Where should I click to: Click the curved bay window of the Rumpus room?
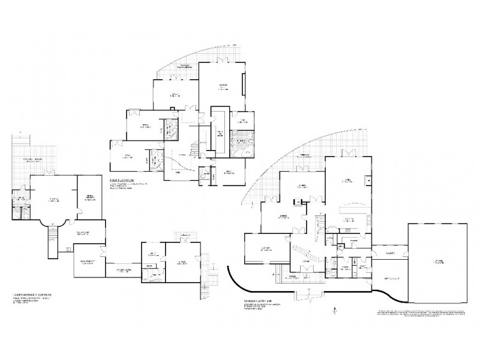tap(50, 223)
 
